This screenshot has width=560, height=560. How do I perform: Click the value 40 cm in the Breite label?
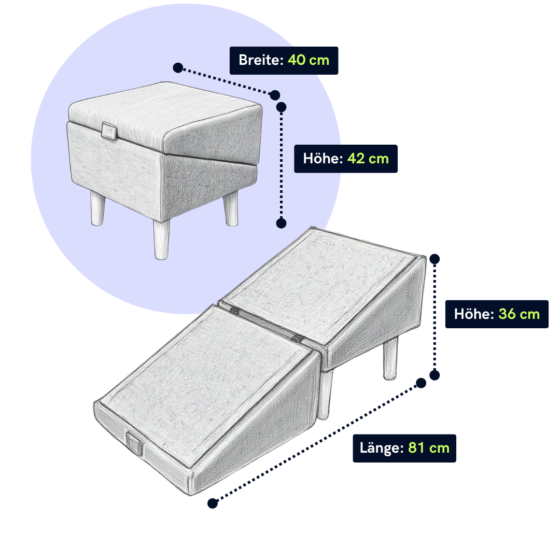coord(309,60)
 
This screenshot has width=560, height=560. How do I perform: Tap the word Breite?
coord(261,60)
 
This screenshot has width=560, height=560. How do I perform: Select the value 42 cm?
coord(368,159)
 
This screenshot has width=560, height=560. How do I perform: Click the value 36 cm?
coord(519,314)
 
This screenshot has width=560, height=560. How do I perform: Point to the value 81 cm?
coord(429,448)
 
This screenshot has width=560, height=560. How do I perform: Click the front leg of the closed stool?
coord(161,239)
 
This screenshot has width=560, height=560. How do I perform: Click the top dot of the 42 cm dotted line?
coord(281,107)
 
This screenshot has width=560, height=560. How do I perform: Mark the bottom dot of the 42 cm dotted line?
coord(281,223)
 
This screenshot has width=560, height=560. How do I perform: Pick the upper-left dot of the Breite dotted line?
coord(178,67)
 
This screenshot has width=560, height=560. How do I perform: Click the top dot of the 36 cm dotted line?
coord(435,259)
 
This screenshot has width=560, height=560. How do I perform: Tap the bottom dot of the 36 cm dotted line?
coord(435,375)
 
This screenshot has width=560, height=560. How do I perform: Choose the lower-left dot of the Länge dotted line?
coord(213,503)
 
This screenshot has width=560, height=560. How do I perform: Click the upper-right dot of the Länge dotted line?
coord(421,383)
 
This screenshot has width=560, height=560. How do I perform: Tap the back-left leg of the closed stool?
coord(97,208)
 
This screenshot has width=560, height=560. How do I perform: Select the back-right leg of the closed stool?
coord(231,208)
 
